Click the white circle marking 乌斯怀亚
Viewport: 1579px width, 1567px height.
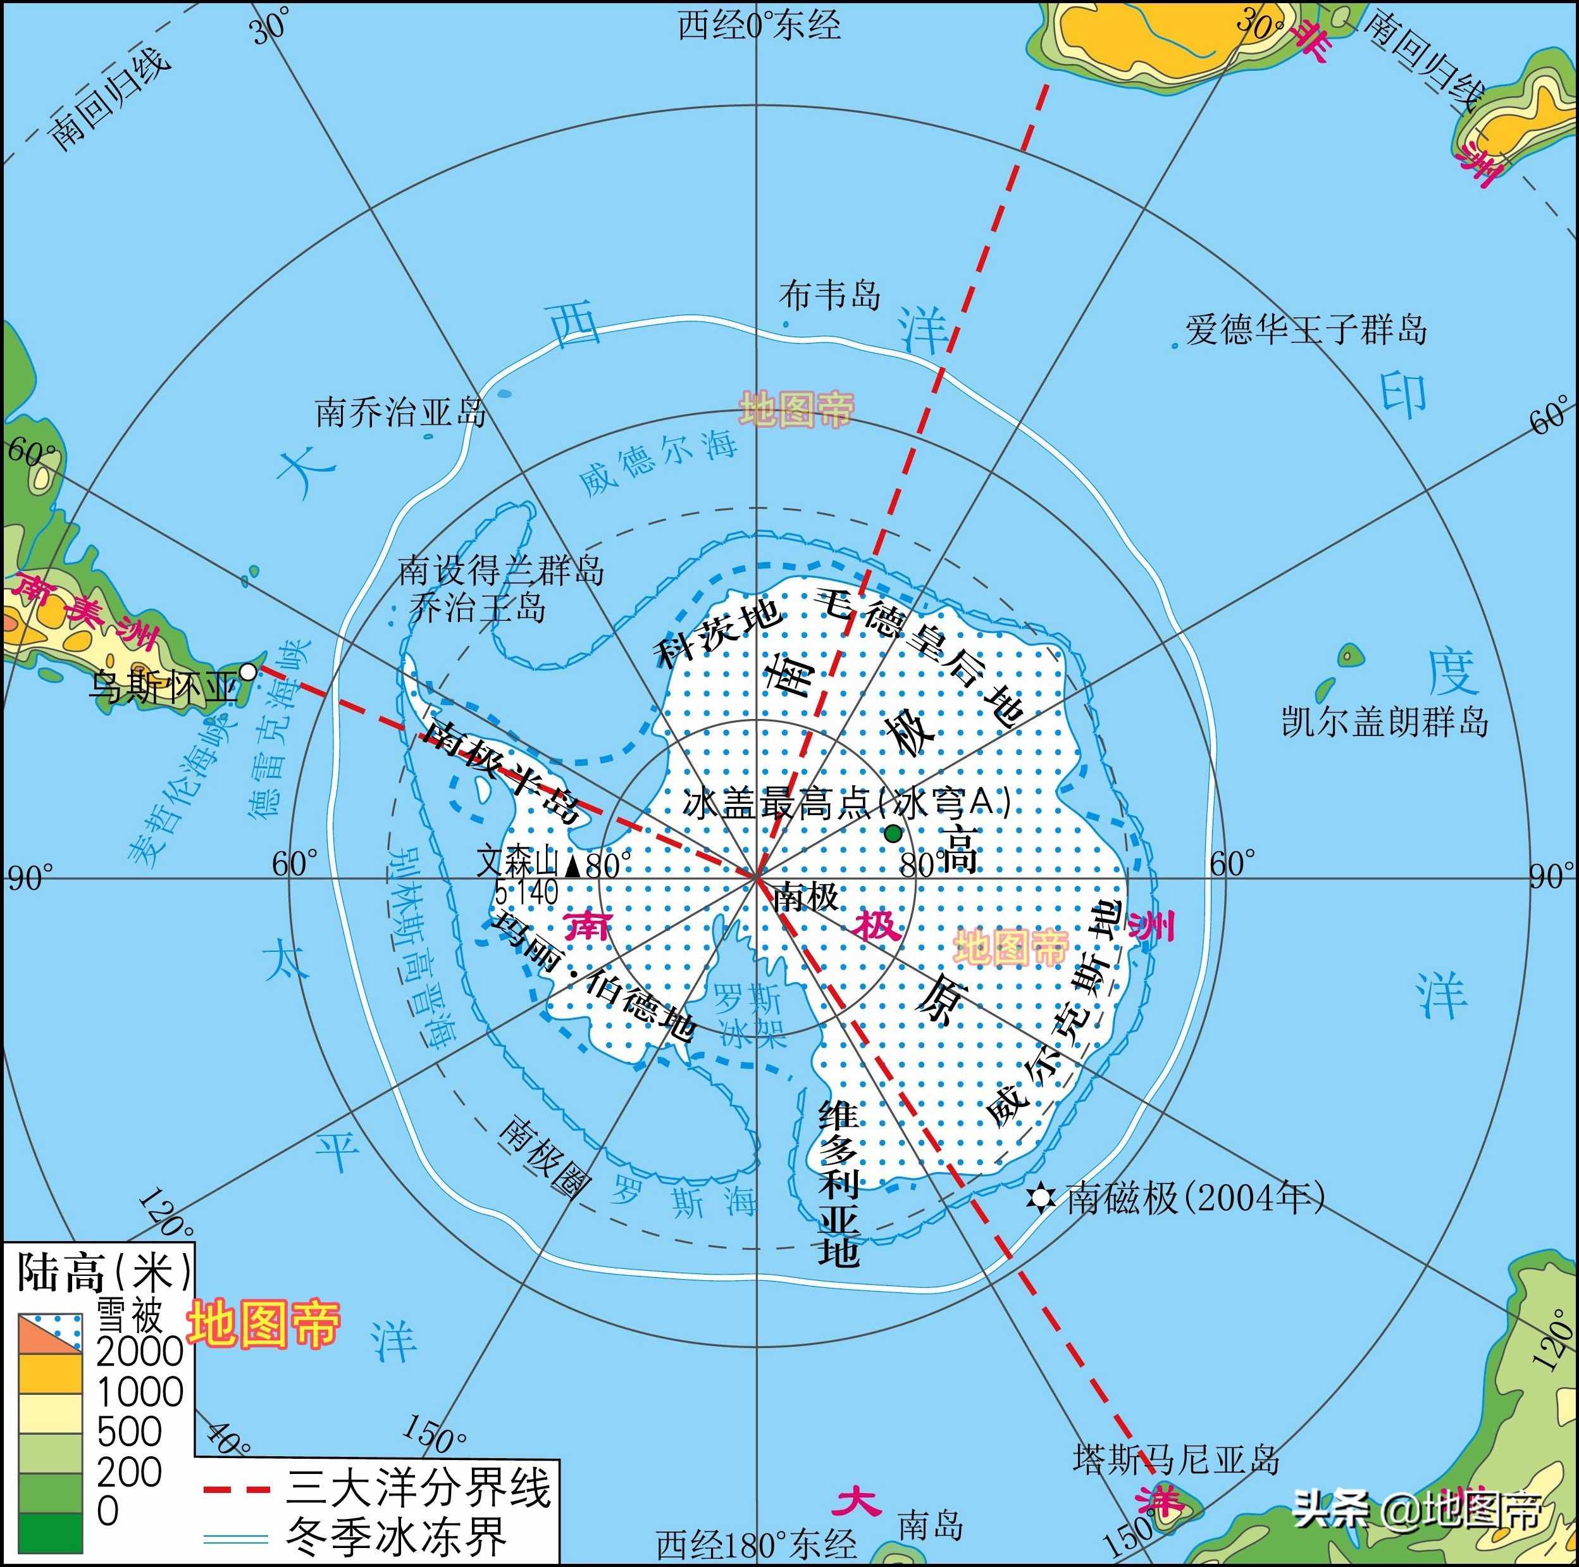247,672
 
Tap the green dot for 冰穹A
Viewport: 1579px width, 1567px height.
893,833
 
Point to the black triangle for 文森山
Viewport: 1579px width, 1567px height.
574,865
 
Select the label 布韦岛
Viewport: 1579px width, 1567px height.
829,295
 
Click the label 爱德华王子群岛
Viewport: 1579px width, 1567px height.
1306,330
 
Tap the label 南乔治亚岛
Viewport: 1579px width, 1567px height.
401,412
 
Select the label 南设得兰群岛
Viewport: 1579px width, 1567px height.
501,570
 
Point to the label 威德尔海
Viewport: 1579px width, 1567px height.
658,463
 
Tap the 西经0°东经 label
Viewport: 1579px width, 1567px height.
759,25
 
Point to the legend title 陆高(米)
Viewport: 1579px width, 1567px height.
104,1273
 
